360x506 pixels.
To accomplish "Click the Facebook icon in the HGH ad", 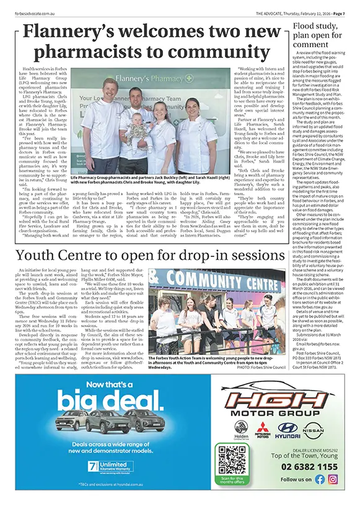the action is point(319,479).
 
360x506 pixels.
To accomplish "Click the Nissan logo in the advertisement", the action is point(312,429).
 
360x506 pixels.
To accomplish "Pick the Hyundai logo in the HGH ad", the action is point(288,429).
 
